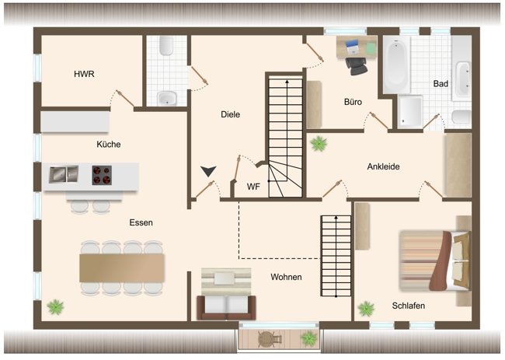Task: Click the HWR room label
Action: point(84,75)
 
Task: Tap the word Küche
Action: point(109,144)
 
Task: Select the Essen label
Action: point(141,222)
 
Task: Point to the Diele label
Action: point(230,114)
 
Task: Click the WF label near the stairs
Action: point(253,187)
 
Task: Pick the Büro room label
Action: point(353,102)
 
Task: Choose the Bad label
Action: point(441,83)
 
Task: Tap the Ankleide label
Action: point(384,166)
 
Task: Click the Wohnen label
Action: point(286,277)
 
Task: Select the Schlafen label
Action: point(409,306)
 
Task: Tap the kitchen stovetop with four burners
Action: point(103,175)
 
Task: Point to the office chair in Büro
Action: point(358,66)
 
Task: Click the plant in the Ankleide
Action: point(319,143)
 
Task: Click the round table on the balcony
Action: point(270,338)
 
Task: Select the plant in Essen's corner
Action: point(55,306)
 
